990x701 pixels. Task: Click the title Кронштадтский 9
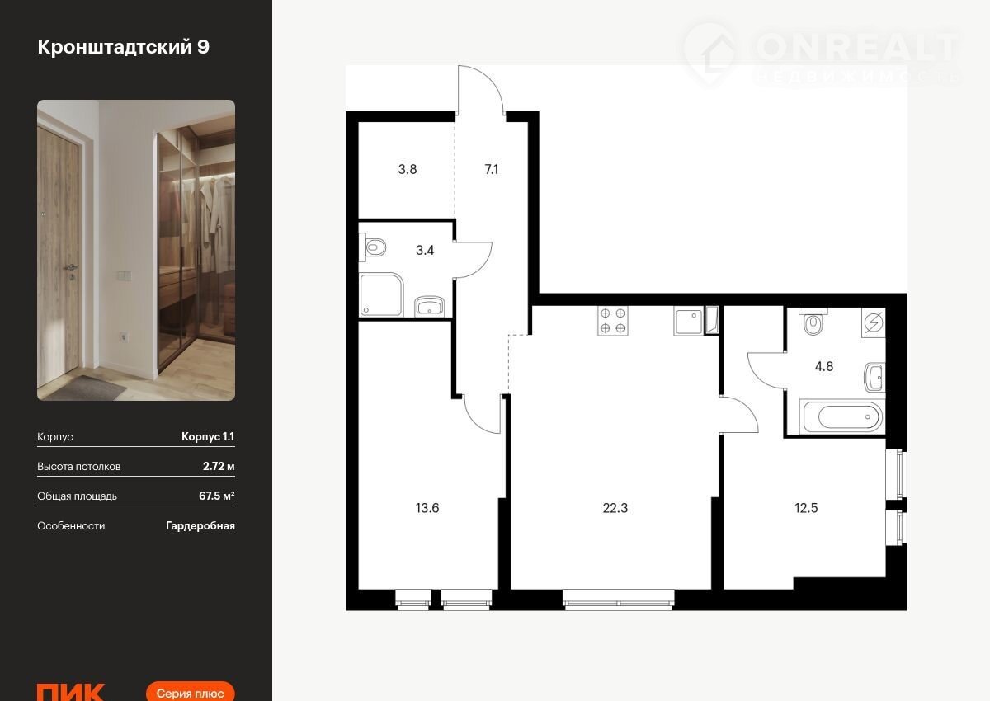pos(123,47)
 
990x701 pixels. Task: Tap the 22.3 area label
pos(615,508)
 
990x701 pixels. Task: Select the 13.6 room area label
pos(427,508)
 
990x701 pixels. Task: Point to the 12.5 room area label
pos(806,508)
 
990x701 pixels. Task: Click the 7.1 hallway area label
pos(492,169)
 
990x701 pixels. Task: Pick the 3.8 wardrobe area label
pos(408,169)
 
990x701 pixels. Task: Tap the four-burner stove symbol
pos(613,321)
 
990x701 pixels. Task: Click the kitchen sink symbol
pos(688,321)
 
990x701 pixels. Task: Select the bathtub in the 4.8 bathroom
pos(843,416)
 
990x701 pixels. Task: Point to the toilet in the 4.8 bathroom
pos(813,322)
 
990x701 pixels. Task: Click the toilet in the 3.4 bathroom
pos(373,247)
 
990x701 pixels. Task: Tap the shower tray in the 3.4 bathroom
pos(381,294)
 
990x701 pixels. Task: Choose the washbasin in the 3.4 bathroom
pos(430,306)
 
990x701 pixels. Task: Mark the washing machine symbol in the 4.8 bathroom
pos(874,322)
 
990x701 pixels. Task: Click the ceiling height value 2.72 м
pos(219,467)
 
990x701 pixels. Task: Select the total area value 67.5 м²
pos(216,496)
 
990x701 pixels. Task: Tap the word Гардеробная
pos(200,525)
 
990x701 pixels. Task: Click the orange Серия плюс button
pos(190,691)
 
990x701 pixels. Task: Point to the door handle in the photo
pos(70,268)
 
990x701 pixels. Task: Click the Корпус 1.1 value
pos(208,436)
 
